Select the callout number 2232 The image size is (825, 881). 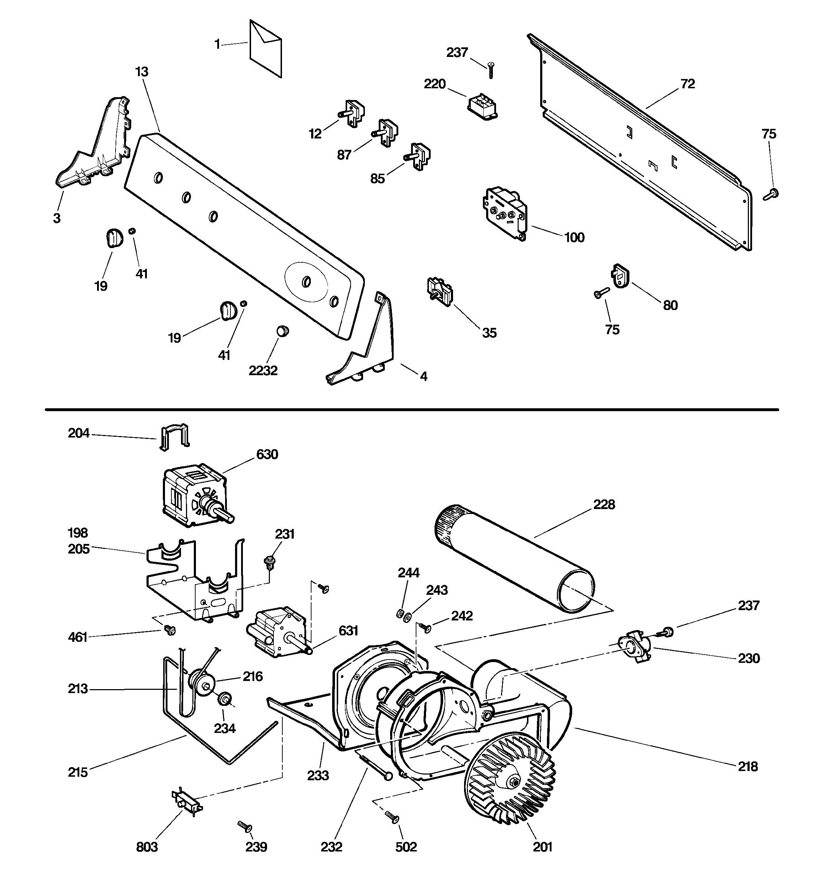tap(263, 371)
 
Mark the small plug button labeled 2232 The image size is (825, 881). tap(282, 331)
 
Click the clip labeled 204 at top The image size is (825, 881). tap(174, 436)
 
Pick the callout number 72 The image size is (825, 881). tap(688, 84)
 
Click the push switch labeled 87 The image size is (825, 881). tap(386, 132)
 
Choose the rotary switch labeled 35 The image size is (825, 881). tap(440, 291)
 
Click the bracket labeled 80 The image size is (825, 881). tap(621, 276)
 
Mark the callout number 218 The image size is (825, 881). tap(747, 766)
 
